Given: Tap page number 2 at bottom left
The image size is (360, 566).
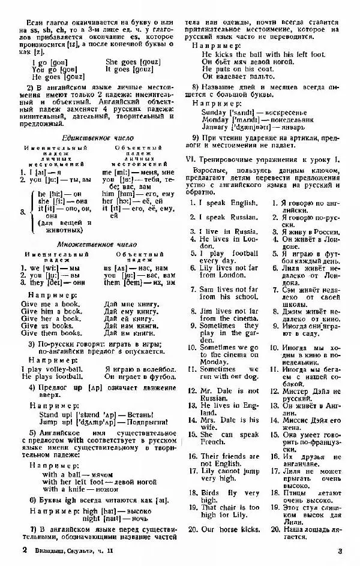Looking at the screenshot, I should click(24, 549).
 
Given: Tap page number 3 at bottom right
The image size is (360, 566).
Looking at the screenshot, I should click(339, 550).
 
